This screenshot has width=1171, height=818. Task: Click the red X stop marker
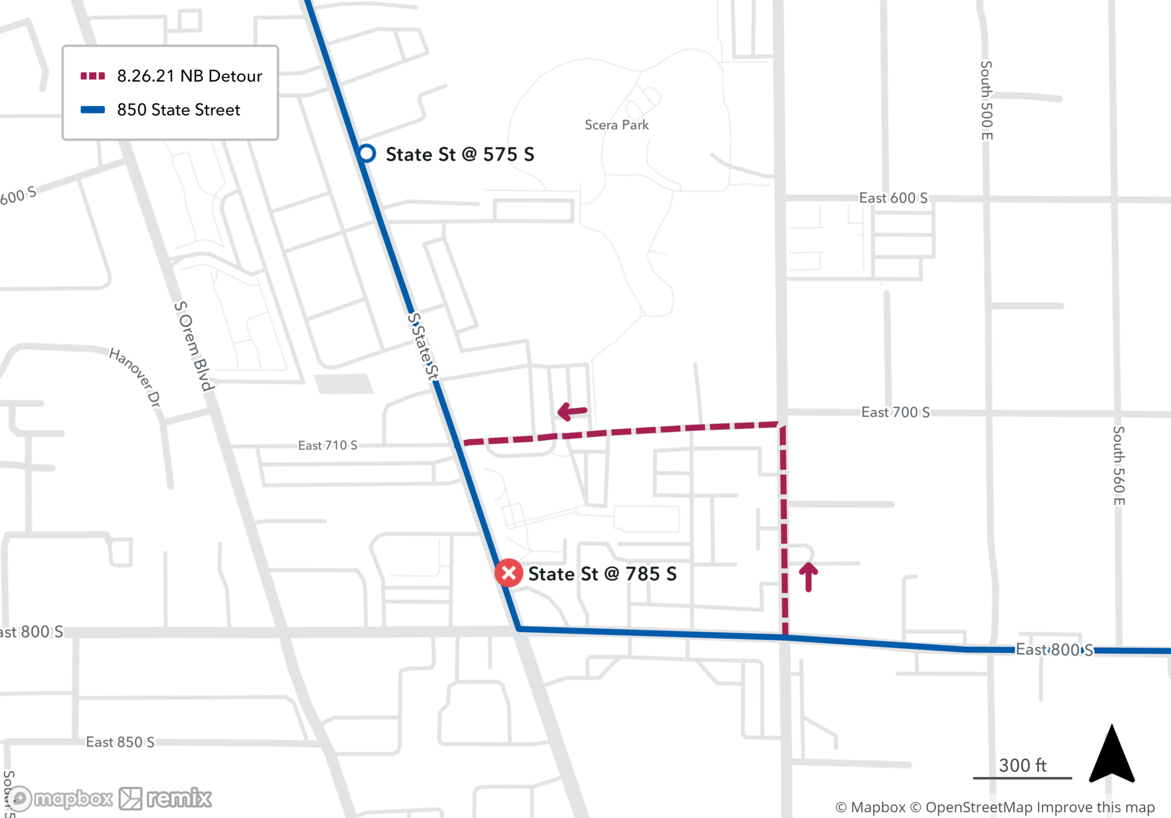(509, 573)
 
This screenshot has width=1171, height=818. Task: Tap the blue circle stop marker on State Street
(367, 153)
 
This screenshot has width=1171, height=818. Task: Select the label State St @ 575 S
(460, 155)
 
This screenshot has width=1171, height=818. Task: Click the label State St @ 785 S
(602, 574)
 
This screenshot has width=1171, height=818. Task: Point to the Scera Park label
(617, 125)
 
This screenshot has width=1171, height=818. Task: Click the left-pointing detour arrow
(572, 411)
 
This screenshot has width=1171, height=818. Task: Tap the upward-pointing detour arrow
(809, 577)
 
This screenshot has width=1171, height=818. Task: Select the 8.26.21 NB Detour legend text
(189, 76)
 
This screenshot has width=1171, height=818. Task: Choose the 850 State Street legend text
(179, 110)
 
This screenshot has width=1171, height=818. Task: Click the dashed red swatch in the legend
(93, 76)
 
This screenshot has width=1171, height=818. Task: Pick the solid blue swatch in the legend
(93, 110)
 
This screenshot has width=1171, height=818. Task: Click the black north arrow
(1111, 755)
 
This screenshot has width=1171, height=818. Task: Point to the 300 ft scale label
(1022, 765)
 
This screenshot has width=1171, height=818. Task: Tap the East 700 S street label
(895, 412)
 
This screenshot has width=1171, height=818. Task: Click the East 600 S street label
(893, 198)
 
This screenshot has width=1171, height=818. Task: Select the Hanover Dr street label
(135, 377)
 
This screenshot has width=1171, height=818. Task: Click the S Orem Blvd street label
(194, 345)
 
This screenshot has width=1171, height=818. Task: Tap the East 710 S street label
(327, 446)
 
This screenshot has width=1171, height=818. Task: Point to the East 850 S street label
(120, 742)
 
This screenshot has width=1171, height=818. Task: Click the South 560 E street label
(1118, 466)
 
